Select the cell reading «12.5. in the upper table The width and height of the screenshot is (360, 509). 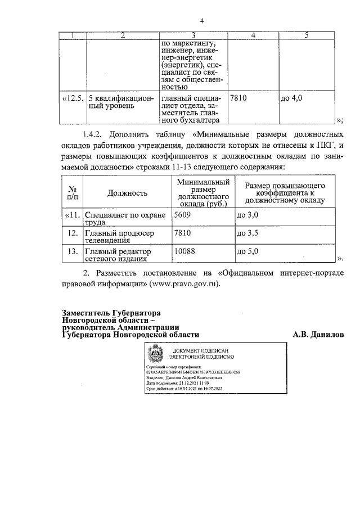72,98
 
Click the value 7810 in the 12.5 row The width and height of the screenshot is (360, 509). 239,98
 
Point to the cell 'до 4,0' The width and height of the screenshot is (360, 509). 291,98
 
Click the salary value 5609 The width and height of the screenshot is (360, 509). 183,215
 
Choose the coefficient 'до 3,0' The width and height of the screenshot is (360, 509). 247,215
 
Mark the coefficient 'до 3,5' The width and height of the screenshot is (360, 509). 247,232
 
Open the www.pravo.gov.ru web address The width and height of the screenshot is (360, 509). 184,283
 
